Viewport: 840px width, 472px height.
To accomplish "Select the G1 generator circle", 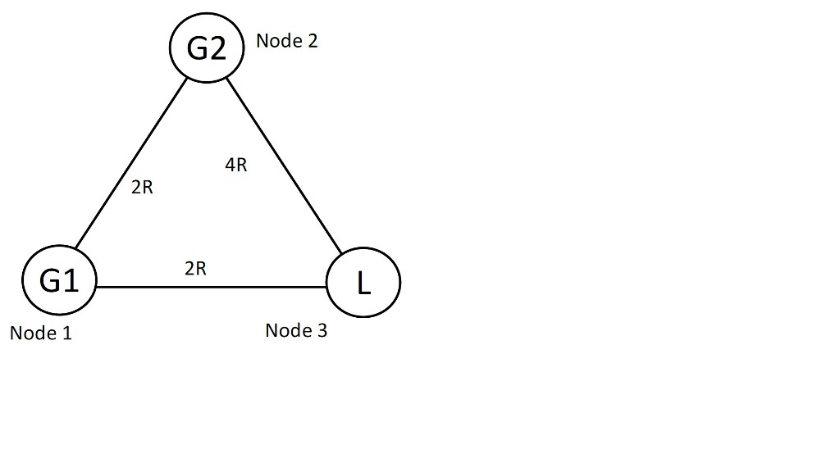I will [x=59, y=281].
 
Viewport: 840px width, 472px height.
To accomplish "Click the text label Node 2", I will [x=286, y=41].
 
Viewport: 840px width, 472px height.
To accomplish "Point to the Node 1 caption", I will [x=41, y=334].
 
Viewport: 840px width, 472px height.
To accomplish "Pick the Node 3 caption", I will [x=296, y=331].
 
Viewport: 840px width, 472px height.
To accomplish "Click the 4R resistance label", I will [x=235, y=166].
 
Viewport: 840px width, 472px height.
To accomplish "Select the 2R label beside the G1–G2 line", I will [x=142, y=188].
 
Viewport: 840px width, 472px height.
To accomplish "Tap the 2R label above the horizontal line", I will [x=195, y=269].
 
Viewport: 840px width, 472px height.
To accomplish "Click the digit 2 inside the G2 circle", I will [x=217, y=49].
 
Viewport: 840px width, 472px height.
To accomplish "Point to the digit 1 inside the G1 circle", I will [x=71, y=282].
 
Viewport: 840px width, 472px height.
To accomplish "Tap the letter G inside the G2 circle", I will [x=197, y=49].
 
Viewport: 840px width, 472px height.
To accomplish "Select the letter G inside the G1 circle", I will [x=50, y=282].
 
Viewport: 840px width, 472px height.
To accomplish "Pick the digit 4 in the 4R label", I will [x=230, y=166].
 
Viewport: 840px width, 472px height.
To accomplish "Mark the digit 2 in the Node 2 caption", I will [x=312, y=41].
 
